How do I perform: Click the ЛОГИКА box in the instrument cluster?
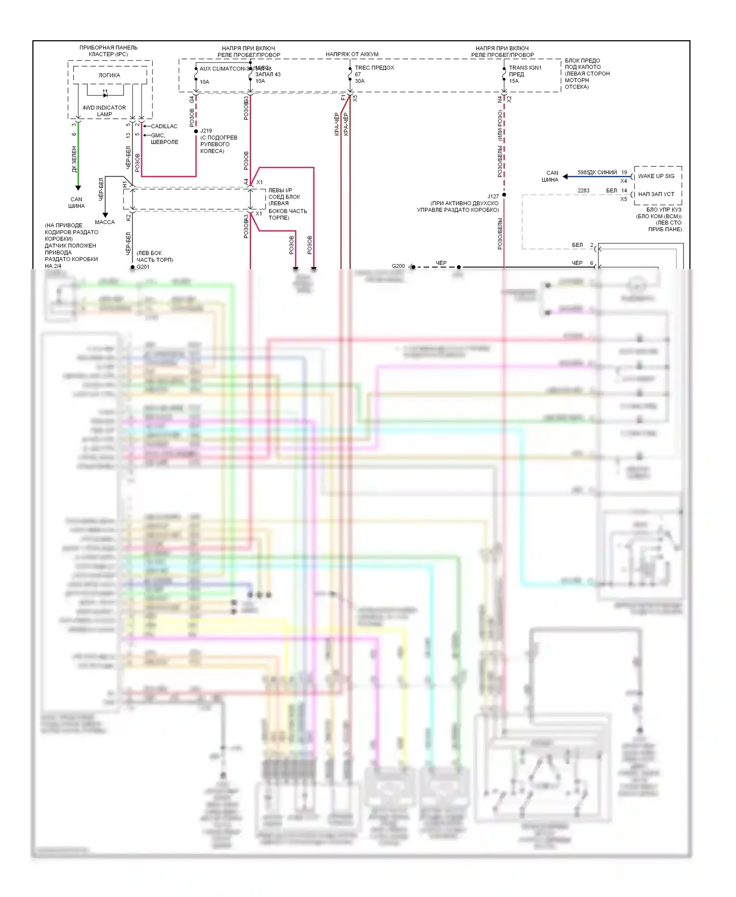coord(109,75)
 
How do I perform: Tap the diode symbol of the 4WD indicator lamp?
coord(105,95)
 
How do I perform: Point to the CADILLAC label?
coord(164,127)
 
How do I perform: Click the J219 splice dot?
coord(196,132)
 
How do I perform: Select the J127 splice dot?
coord(504,195)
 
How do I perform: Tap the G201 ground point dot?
coord(132,267)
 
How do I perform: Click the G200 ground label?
coord(398,266)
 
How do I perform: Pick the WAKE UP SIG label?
coord(656,176)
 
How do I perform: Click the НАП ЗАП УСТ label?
coord(656,194)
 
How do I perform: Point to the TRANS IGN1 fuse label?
coord(525,68)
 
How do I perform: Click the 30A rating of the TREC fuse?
coord(360,81)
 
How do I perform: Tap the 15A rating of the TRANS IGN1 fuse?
coord(514,81)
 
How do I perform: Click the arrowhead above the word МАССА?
coord(105,215)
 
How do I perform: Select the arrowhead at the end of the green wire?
coord(78,188)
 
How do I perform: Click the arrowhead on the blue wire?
coord(566,177)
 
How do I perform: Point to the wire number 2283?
coord(583,190)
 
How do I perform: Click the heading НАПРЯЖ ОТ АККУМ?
coord(352,54)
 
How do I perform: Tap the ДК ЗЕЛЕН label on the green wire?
coord(75,159)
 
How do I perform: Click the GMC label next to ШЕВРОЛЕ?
coord(158,135)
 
